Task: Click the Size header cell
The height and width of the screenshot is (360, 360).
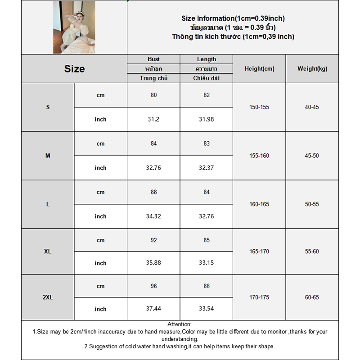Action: click(x=74, y=69)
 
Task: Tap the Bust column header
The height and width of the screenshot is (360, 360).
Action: click(x=153, y=59)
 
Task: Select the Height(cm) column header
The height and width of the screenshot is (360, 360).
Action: click(x=259, y=69)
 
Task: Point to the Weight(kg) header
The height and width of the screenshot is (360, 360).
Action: click(x=312, y=69)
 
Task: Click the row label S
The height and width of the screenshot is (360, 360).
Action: click(x=48, y=107)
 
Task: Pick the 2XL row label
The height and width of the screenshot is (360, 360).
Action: click(x=48, y=297)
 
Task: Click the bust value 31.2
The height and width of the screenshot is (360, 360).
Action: click(x=153, y=119)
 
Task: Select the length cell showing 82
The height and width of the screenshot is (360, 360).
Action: click(x=207, y=95)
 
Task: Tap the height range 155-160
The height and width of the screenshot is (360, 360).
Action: click(x=259, y=156)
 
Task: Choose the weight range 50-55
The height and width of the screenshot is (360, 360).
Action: click(x=312, y=204)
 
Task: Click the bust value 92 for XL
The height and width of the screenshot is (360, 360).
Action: click(x=153, y=240)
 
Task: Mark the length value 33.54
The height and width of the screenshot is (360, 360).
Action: click(x=207, y=309)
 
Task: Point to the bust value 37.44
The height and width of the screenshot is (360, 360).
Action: click(x=153, y=309)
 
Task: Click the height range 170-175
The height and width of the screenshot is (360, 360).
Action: click(x=259, y=297)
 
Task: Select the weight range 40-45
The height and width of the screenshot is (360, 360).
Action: click(x=312, y=107)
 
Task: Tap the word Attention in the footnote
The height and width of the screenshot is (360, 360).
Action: click(x=180, y=324)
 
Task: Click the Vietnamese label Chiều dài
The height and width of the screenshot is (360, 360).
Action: click(x=207, y=78)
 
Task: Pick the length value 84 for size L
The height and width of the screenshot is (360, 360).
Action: click(x=207, y=192)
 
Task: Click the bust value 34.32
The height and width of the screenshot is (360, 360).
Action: click(x=153, y=216)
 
